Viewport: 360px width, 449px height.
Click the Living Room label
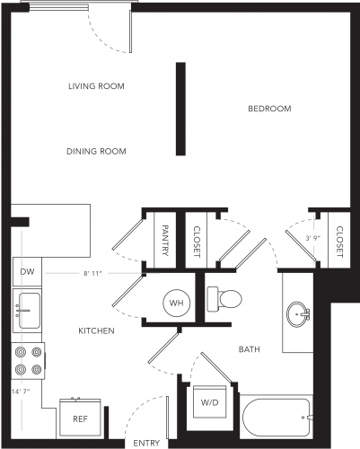coord(96,86)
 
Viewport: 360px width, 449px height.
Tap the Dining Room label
coord(96,152)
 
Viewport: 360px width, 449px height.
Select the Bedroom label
coord(269,109)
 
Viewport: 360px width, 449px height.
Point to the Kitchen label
coord(96,330)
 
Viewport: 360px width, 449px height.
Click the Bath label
coord(250,349)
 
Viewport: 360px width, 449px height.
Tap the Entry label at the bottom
coord(146,443)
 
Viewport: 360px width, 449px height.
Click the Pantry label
coord(165,241)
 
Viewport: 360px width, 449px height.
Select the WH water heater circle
coord(176,303)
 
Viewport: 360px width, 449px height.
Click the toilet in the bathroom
coord(224,298)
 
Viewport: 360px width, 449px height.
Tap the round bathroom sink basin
coord(297,314)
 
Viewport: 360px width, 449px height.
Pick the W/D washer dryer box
coord(210,402)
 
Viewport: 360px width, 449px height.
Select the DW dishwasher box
coord(27,272)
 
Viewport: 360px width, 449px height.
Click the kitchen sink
coord(29,311)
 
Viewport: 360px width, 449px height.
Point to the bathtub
coord(277,418)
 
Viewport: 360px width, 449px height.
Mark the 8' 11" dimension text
coord(92,273)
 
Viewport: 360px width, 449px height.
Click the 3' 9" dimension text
coord(313,238)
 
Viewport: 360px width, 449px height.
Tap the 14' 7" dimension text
coord(21,392)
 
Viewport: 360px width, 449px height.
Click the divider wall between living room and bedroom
coord(180,109)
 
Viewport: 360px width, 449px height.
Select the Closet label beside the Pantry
coord(197,242)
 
